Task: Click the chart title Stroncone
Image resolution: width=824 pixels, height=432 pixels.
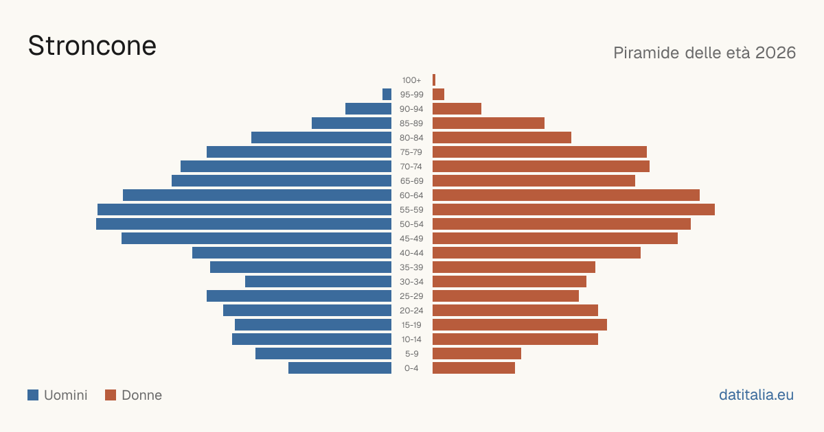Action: click(92, 46)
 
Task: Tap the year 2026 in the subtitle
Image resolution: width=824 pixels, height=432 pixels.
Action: click(775, 53)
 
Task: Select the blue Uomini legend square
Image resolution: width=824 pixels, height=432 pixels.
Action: click(33, 395)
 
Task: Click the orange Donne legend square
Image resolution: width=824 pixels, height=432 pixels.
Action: click(111, 395)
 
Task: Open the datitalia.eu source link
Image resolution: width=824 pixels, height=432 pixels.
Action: click(756, 395)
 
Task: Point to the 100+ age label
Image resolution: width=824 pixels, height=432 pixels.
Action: click(411, 80)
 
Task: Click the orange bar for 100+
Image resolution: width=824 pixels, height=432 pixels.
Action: click(434, 80)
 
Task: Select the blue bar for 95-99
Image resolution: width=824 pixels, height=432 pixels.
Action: click(387, 95)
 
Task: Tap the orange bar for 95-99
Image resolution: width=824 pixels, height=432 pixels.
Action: click(439, 95)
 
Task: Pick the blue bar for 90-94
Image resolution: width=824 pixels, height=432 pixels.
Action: click(368, 109)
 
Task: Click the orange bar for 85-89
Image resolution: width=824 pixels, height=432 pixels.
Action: click(488, 123)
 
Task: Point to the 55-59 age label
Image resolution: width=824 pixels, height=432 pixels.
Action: click(411, 210)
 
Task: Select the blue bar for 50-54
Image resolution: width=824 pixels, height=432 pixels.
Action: click(244, 224)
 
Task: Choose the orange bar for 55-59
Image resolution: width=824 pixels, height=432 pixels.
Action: click(573, 210)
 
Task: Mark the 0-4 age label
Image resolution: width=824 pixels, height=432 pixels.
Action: click(411, 368)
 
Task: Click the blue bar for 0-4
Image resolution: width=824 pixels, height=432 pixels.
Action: click(340, 368)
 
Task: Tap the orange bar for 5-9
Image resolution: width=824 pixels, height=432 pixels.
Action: click(477, 354)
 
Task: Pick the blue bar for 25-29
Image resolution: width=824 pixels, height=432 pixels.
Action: click(299, 296)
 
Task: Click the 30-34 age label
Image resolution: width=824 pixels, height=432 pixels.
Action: click(411, 282)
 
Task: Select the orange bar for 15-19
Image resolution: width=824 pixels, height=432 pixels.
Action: click(520, 325)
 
